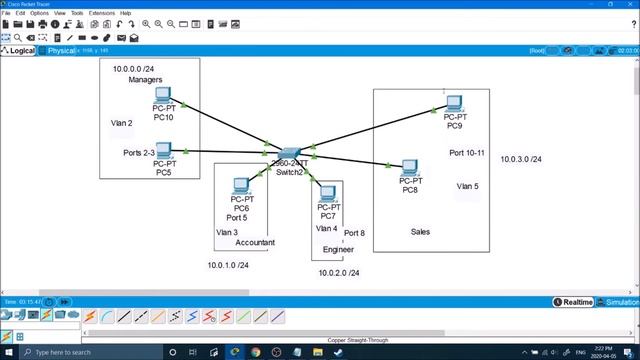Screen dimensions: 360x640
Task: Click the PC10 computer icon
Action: point(164,97)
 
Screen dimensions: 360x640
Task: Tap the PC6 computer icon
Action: point(240,185)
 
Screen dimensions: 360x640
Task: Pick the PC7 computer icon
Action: point(326,193)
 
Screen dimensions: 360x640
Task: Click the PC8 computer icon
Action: point(409,168)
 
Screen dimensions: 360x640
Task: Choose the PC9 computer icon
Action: point(454,103)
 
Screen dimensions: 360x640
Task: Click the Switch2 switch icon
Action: point(289,153)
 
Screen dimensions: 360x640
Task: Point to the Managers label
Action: point(146,81)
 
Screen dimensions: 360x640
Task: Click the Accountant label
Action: point(255,243)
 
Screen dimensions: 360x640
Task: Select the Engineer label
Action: point(338,250)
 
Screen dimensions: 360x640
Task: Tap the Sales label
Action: point(420,232)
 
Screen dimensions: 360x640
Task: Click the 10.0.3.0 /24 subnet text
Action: point(521,159)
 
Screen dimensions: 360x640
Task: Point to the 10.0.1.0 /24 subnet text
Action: point(228,266)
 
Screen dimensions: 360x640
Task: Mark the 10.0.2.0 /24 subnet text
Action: point(338,273)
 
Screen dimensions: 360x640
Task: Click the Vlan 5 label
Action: point(467,186)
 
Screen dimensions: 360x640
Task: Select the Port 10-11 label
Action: point(467,153)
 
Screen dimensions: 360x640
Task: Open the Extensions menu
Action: point(102,13)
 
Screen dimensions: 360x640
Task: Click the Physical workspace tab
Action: point(61,50)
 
